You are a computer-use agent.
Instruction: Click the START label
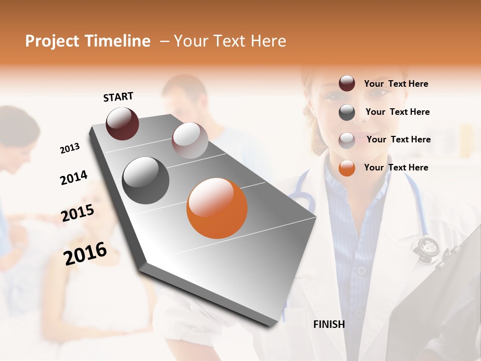118,96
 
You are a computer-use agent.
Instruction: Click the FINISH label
329,324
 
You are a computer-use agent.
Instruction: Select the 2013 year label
70,148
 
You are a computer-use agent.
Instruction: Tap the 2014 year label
74,178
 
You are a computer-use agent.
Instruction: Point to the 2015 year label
78,213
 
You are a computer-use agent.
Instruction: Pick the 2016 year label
85,253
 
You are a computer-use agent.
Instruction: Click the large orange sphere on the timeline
217,208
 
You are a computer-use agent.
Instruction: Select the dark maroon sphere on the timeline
122,123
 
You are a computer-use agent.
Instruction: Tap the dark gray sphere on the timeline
146,180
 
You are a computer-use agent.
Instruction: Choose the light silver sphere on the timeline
190,140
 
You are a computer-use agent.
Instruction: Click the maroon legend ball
347,84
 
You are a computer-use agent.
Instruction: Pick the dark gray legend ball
347,112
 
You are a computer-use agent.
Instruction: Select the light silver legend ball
347,140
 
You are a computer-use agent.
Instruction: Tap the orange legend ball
347,168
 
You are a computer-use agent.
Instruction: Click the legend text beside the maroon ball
396,84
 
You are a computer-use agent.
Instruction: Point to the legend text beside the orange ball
396,167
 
